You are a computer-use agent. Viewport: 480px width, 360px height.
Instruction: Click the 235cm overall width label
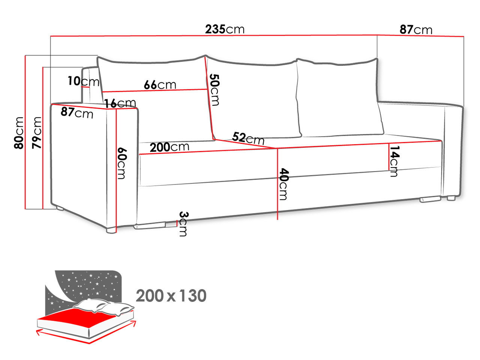point(225,29)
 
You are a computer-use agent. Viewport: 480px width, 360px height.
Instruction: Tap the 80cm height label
point(19,133)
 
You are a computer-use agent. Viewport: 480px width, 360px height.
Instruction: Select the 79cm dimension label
point(36,133)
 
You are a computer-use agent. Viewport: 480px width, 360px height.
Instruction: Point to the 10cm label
point(84,81)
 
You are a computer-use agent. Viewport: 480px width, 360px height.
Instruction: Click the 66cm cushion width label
point(160,85)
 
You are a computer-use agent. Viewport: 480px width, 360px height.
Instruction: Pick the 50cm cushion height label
point(214,90)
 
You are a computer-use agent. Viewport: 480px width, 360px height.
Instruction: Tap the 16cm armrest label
point(120,103)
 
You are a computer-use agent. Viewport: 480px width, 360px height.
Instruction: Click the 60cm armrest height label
point(121,163)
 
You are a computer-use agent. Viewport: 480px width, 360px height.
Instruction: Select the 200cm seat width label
point(169,147)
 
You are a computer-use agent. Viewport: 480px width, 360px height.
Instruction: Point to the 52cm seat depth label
point(248,138)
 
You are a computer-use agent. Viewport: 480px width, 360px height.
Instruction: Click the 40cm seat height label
point(284,184)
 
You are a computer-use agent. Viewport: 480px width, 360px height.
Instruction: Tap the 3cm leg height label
point(183,224)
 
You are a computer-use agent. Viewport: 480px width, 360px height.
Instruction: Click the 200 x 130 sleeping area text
point(171,296)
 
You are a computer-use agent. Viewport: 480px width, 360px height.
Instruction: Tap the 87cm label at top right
point(416,30)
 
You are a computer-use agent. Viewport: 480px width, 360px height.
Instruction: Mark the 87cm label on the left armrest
point(77,112)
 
